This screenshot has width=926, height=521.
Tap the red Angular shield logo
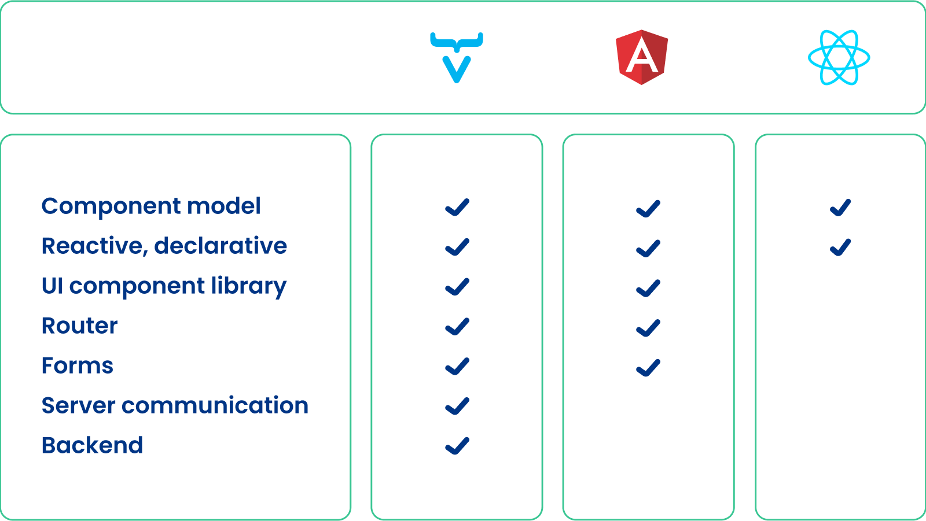point(642,57)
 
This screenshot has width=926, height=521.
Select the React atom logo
point(839,58)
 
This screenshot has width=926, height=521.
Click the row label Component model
point(151,206)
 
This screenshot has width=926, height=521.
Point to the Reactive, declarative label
point(164,246)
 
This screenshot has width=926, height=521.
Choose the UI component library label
point(164,286)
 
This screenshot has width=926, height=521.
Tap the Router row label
point(80,326)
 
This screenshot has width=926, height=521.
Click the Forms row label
point(78,366)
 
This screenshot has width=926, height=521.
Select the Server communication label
point(175,406)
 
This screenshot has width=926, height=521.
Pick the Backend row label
point(93,446)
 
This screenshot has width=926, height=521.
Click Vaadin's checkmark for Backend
point(457,446)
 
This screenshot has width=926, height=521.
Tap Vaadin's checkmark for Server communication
point(457,406)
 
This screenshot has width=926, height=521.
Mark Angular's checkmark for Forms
point(648,368)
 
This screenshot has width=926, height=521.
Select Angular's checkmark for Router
point(648,328)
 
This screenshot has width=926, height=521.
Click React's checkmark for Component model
point(840,208)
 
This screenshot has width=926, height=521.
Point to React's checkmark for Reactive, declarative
point(840,247)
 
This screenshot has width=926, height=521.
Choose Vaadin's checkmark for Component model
point(457,207)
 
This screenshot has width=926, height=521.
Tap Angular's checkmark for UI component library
point(648,288)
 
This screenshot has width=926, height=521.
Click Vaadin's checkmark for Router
point(457,327)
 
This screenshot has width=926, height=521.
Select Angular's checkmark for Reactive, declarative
point(648,249)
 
